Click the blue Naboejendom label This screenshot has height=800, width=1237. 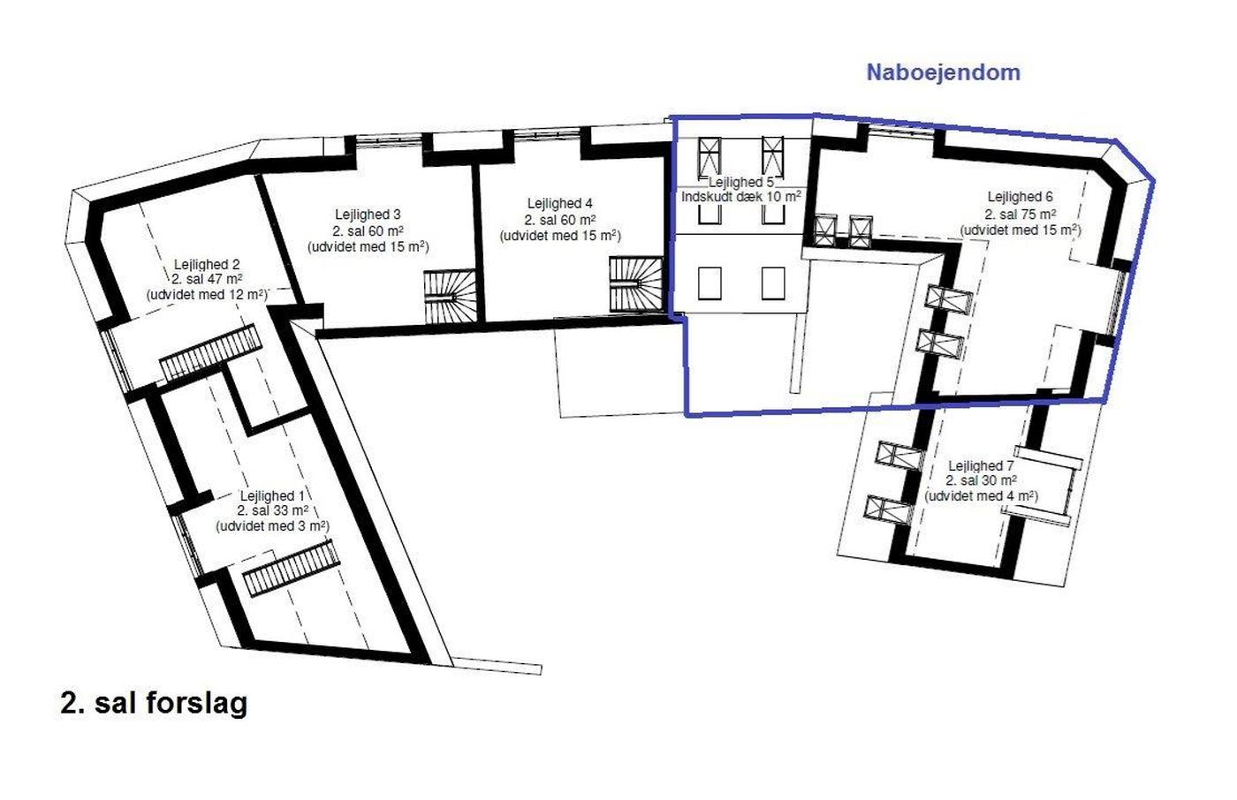point(944,72)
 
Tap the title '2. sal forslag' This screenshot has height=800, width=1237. point(154,704)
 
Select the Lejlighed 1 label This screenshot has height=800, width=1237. point(272,496)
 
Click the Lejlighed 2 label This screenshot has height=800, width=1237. point(207,265)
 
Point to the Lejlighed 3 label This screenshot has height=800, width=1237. point(368,215)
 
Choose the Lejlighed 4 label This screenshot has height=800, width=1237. point(560,204)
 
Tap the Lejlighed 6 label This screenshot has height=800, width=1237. point(1020,197)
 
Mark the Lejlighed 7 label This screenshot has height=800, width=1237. point(981,466)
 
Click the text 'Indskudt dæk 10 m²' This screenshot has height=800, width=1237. point(741,197)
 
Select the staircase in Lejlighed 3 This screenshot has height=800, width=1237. point(450,297)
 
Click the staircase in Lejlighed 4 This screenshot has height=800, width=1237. point(636,284)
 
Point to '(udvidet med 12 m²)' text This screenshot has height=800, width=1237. point(207,295)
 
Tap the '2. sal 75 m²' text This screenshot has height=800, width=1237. point(1020,214)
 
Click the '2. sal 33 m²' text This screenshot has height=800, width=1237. point(272,510)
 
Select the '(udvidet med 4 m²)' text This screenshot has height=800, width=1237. point(982,496)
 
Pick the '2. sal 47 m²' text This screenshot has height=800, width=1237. point(207,279)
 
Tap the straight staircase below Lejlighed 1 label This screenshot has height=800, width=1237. point(291,568)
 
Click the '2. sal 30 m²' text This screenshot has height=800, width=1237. point(981,480)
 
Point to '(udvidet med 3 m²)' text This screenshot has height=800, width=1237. point(272,525)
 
